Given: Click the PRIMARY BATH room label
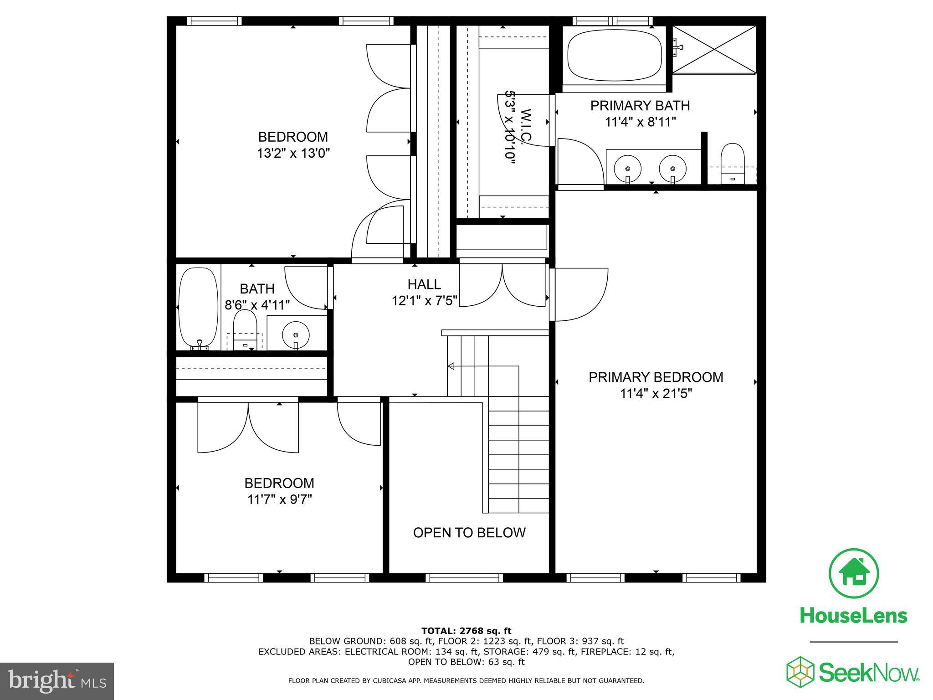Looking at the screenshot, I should tap(640, 106).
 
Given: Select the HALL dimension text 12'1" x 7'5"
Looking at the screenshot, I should tap(424, 301).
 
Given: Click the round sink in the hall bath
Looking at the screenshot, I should tap(296, 335).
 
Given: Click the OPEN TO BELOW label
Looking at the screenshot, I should tap(469, 532).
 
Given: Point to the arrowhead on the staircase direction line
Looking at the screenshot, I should tap(451, 366).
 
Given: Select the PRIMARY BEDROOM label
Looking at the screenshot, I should tap(656, 377).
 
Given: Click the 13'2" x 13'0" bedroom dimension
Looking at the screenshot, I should tap(293, 153).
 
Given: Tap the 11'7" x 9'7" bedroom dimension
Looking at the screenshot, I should tap(279, 499).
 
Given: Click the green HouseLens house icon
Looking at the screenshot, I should tap(853, 573).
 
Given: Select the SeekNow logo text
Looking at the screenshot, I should tap(868, 672).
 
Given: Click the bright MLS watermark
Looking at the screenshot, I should tap(57, 681).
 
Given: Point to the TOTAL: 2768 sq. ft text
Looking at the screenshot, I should tap(466, 631).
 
